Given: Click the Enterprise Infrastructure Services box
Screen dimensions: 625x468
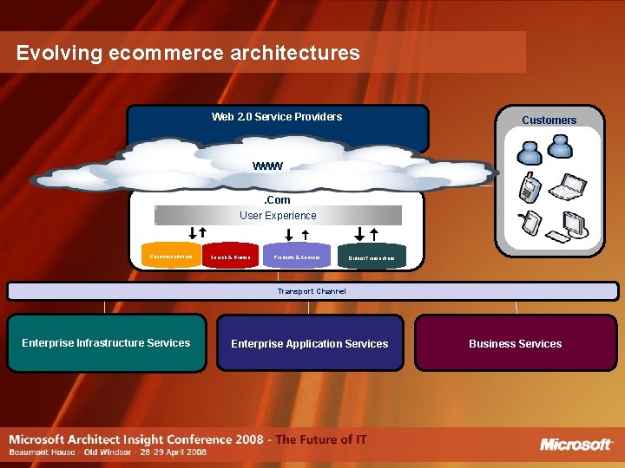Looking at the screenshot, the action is click(106, 343).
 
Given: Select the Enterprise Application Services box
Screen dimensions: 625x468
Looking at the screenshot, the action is click(309, 344).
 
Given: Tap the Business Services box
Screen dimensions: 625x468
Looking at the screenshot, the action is click(515, 344).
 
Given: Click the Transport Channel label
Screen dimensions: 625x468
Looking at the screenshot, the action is click(312, 291).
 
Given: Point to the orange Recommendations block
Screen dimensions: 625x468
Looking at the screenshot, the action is click(172, 257).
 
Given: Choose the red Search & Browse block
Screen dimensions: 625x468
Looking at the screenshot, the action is click(231, 257).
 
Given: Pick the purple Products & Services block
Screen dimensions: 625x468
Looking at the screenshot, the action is click(297, 257).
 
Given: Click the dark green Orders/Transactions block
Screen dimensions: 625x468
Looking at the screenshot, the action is click(371, 258).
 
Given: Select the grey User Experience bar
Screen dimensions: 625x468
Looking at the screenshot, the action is click(278, 216).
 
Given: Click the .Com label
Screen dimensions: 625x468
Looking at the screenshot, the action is click(278, 200).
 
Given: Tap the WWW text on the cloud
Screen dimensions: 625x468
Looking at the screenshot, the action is click(267, 166).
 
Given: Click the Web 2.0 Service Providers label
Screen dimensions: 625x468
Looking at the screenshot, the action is click(277, 117).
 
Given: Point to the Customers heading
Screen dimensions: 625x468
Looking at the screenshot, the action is click(549, 120).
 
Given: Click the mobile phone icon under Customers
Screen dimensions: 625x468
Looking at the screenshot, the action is click(527, 185).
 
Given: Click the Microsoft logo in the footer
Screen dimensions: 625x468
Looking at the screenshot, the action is click(576, 445).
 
